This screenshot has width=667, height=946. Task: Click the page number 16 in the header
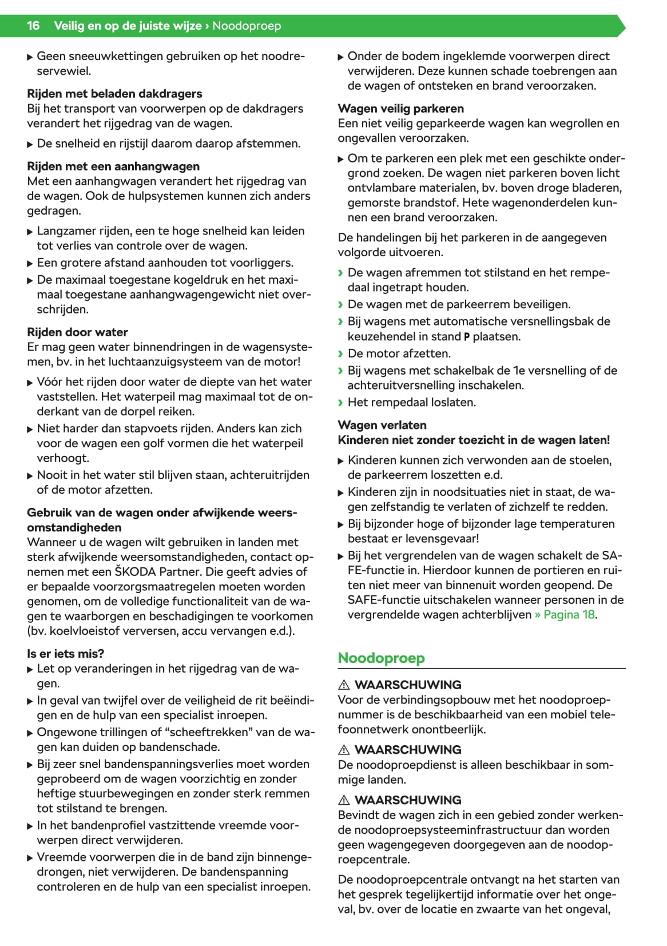pyautogui.click(x=33, y=26)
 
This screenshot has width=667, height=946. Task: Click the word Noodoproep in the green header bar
pyautogui.click(x=247, y=26)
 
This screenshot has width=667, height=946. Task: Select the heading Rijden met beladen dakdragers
pyautogui.click(x=114, y=93)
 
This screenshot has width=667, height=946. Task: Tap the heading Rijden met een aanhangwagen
pyautogui.click(x=113, y=166)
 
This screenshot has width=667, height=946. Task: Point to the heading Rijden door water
pyautogui.click(x=77, y=332)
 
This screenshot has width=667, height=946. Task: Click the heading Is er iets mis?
pyautogui.click(x=65, y=654)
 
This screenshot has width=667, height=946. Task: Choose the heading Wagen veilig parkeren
pyautogui.click(x=400, y=109)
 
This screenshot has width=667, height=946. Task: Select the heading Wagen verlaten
pyautogui.click(x=382, y=425)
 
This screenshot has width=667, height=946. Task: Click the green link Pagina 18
pyautogui.click(x=569, y=615)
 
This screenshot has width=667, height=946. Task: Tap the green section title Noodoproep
pyautogui.click(x=381, y=658)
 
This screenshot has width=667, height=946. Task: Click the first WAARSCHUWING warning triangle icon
pyautogui.click(x=344, y=685)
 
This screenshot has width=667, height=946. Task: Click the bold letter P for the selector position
pyautogui.click(x=467, y=337)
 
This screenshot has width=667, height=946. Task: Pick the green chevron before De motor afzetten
pyautogui.click(x=341, y=353)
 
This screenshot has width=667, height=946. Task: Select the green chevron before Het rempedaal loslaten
pyautogui.click(x=341, y=403)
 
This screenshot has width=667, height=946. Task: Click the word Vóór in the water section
pyautogui.click(x=50, y=382)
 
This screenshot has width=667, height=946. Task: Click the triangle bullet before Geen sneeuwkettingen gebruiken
pyautogui.click(x=30, y=57)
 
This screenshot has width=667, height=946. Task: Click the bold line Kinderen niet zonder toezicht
pyautogui.click(x=474, y=440)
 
